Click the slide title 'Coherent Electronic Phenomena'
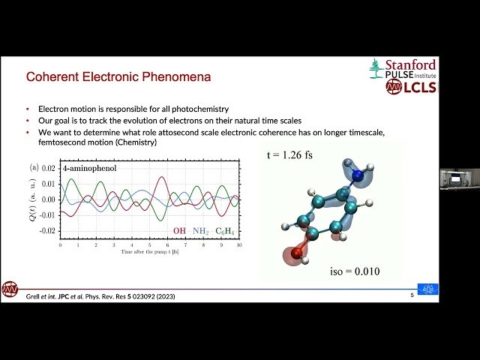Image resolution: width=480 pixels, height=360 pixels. [x=118, y=76]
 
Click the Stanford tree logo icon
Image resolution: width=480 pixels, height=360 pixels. [x=376, y=68]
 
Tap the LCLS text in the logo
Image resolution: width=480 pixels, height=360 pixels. [x=418, y=86]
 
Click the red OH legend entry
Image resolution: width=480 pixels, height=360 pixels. [x=179, y=230]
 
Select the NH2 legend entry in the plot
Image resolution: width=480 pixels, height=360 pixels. [x=200, y=230]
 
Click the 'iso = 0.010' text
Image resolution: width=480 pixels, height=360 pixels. [x=355, y=271]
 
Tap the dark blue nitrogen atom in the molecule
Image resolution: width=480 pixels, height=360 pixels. [x=360, y=176]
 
